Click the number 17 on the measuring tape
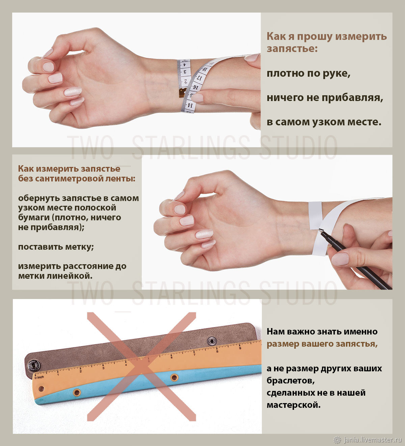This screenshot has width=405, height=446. (200, 78)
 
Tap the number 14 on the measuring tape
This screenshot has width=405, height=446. (190, 105)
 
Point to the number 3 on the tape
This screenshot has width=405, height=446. (185, 72)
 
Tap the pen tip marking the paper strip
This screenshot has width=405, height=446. (320, 230)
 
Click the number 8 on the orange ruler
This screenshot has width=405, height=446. (217, 351)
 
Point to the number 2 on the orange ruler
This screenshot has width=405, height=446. (80, 371)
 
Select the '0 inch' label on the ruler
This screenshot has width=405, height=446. (39, 377)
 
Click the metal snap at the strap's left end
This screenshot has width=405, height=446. (33, 365)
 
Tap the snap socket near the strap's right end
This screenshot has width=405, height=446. (212, 341)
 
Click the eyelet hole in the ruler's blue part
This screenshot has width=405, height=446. (77, 393)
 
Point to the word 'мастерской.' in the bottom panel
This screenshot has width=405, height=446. (294, 405)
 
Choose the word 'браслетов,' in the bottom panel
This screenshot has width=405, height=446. (291, 381)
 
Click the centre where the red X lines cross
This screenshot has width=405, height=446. (141, 367)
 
